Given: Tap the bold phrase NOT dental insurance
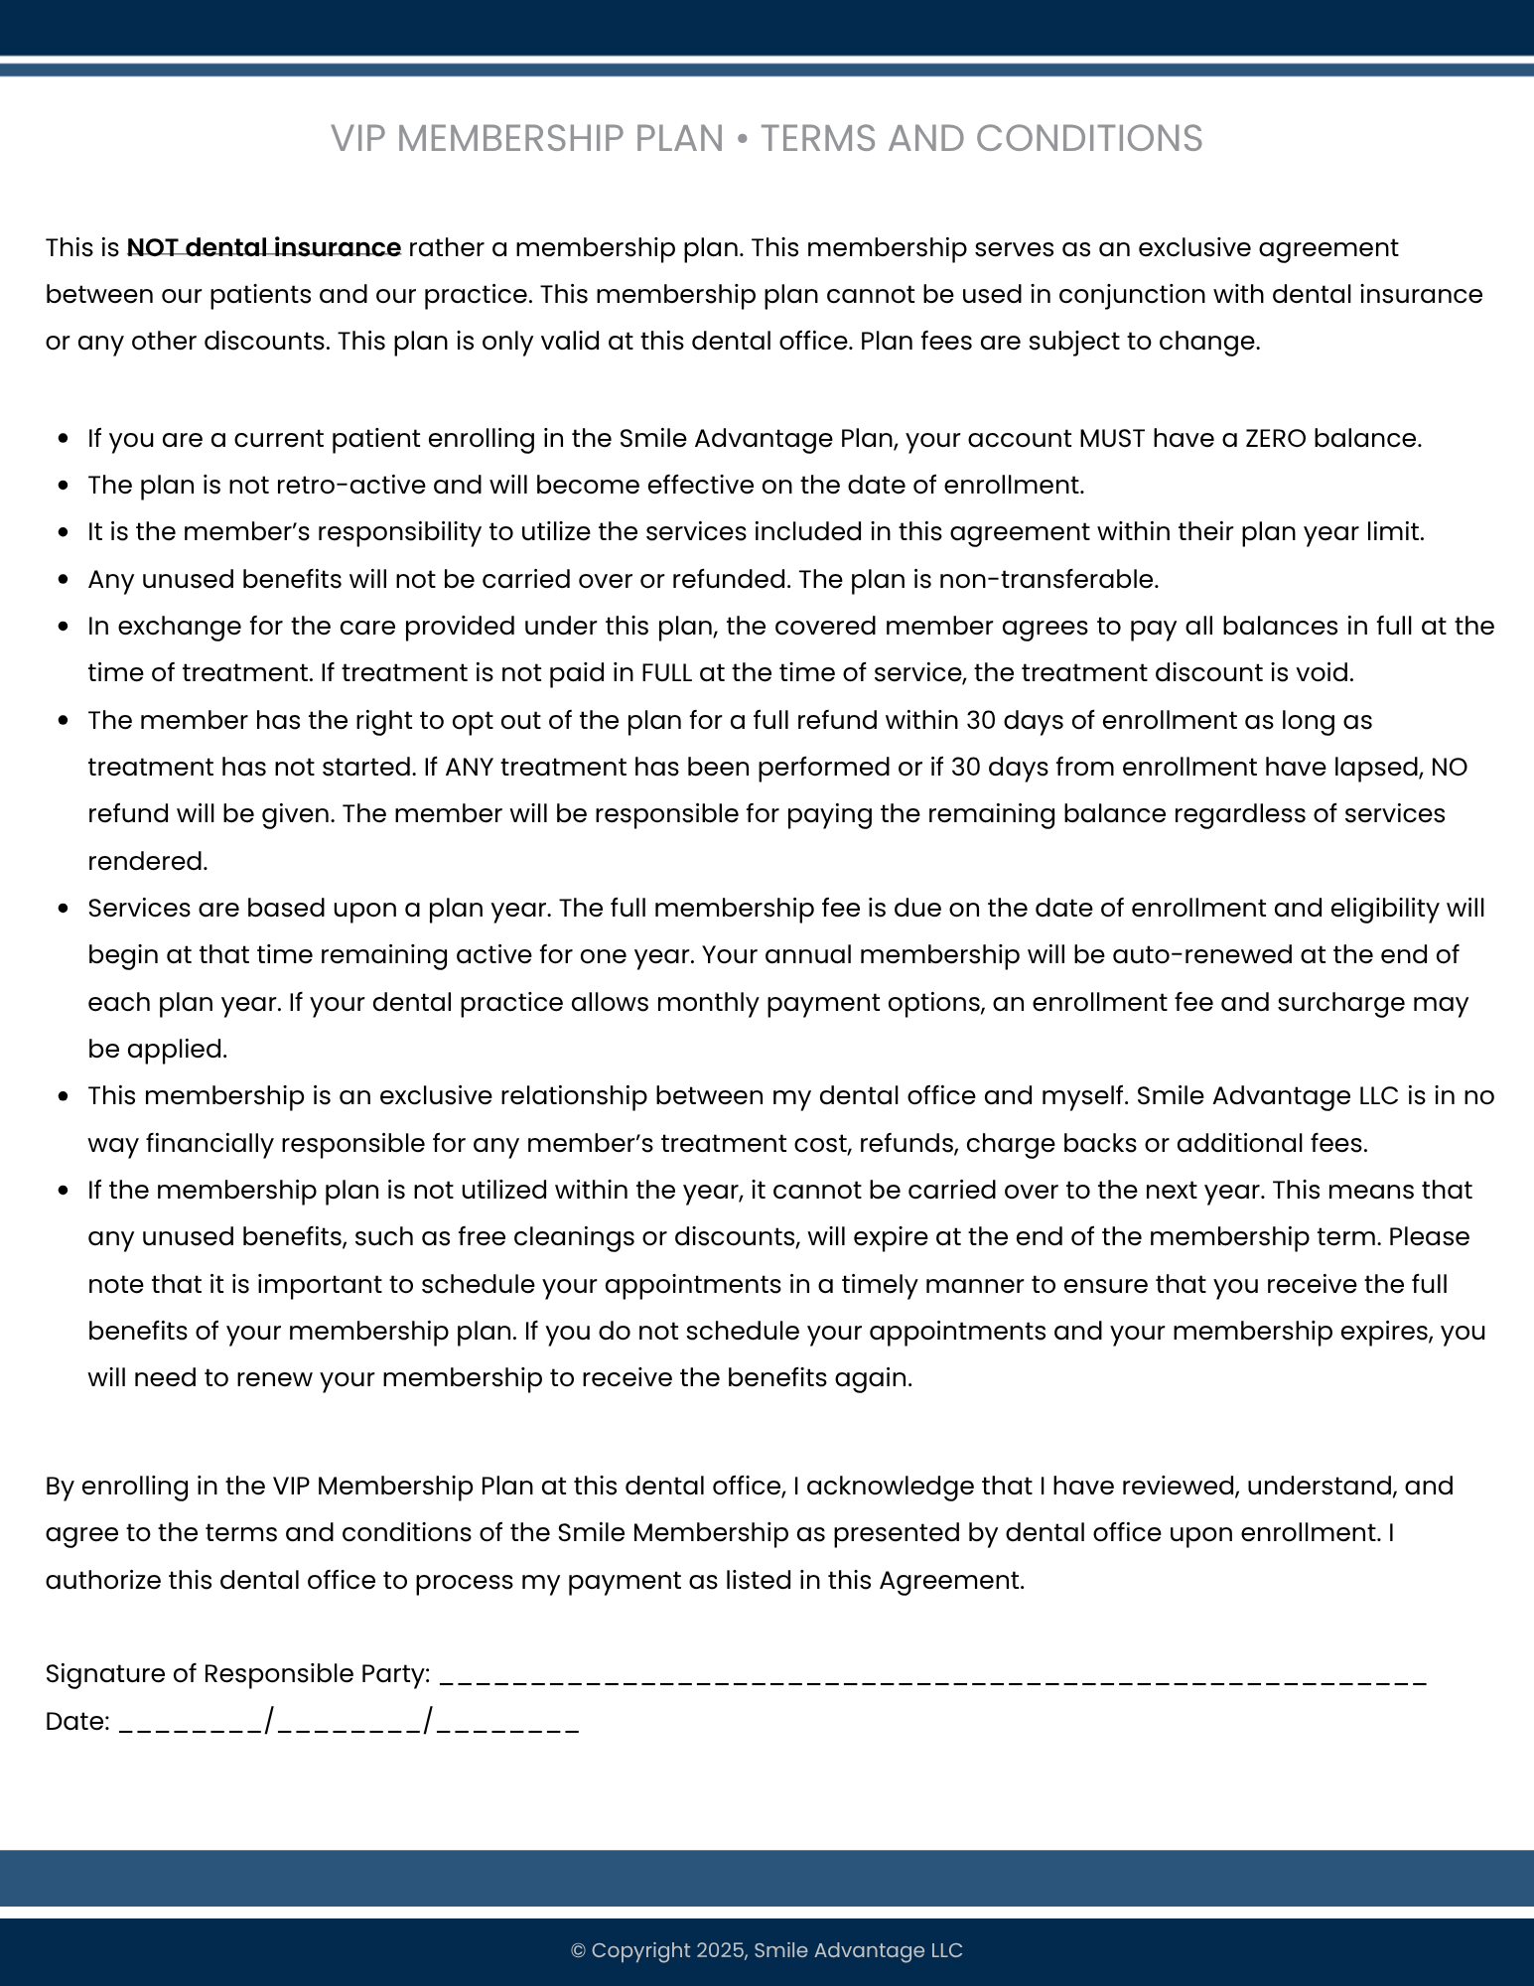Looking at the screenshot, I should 263,247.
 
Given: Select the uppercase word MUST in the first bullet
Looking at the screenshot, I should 1111,438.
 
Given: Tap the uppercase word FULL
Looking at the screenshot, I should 666,673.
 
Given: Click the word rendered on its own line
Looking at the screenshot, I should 147,861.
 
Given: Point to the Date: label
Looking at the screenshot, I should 77,1721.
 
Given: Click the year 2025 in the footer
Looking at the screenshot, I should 720,1950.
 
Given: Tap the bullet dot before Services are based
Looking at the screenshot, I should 64,909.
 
